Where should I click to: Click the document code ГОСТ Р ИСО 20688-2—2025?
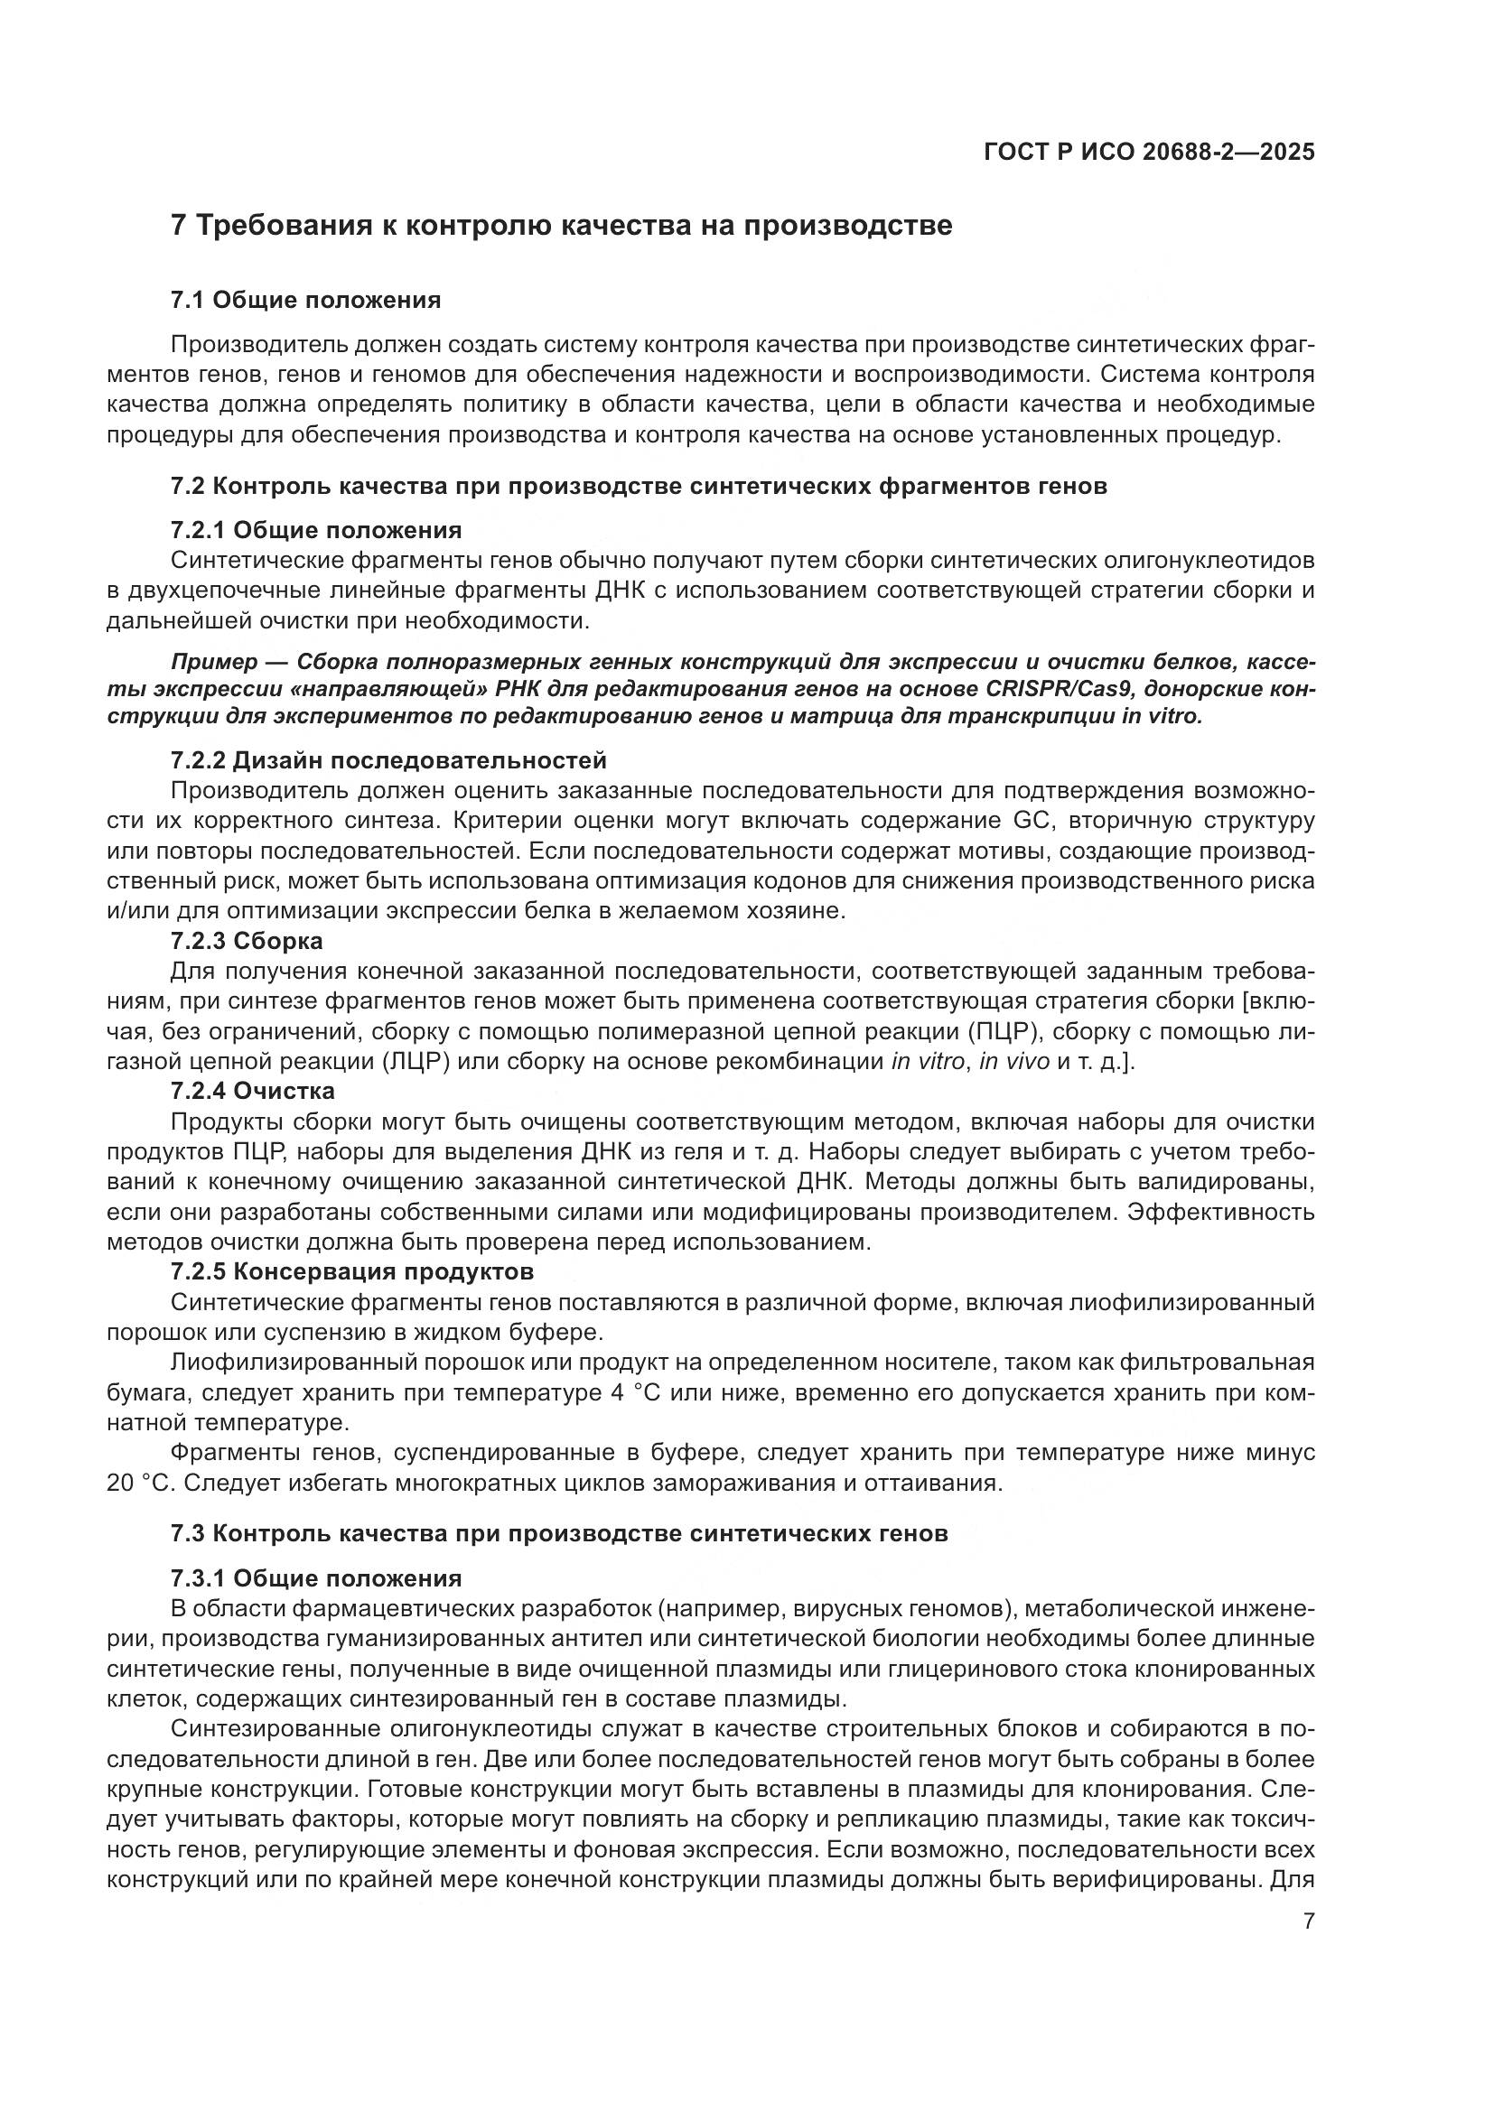click(1149, 153)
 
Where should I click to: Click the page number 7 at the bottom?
click(1309, 1921)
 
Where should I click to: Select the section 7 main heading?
click(561, 226)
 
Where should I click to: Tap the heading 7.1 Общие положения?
click(305, 300)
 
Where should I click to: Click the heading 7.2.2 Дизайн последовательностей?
click(388, 759)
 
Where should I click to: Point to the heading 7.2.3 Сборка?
click(247, 941)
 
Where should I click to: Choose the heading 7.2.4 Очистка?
click(253, 1091)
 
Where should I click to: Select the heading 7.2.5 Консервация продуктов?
click(351, 1272)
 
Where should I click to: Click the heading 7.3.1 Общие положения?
click(315, 1578)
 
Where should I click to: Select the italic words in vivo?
click(1013, 1062)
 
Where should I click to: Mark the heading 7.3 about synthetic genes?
click(558, 1533)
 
